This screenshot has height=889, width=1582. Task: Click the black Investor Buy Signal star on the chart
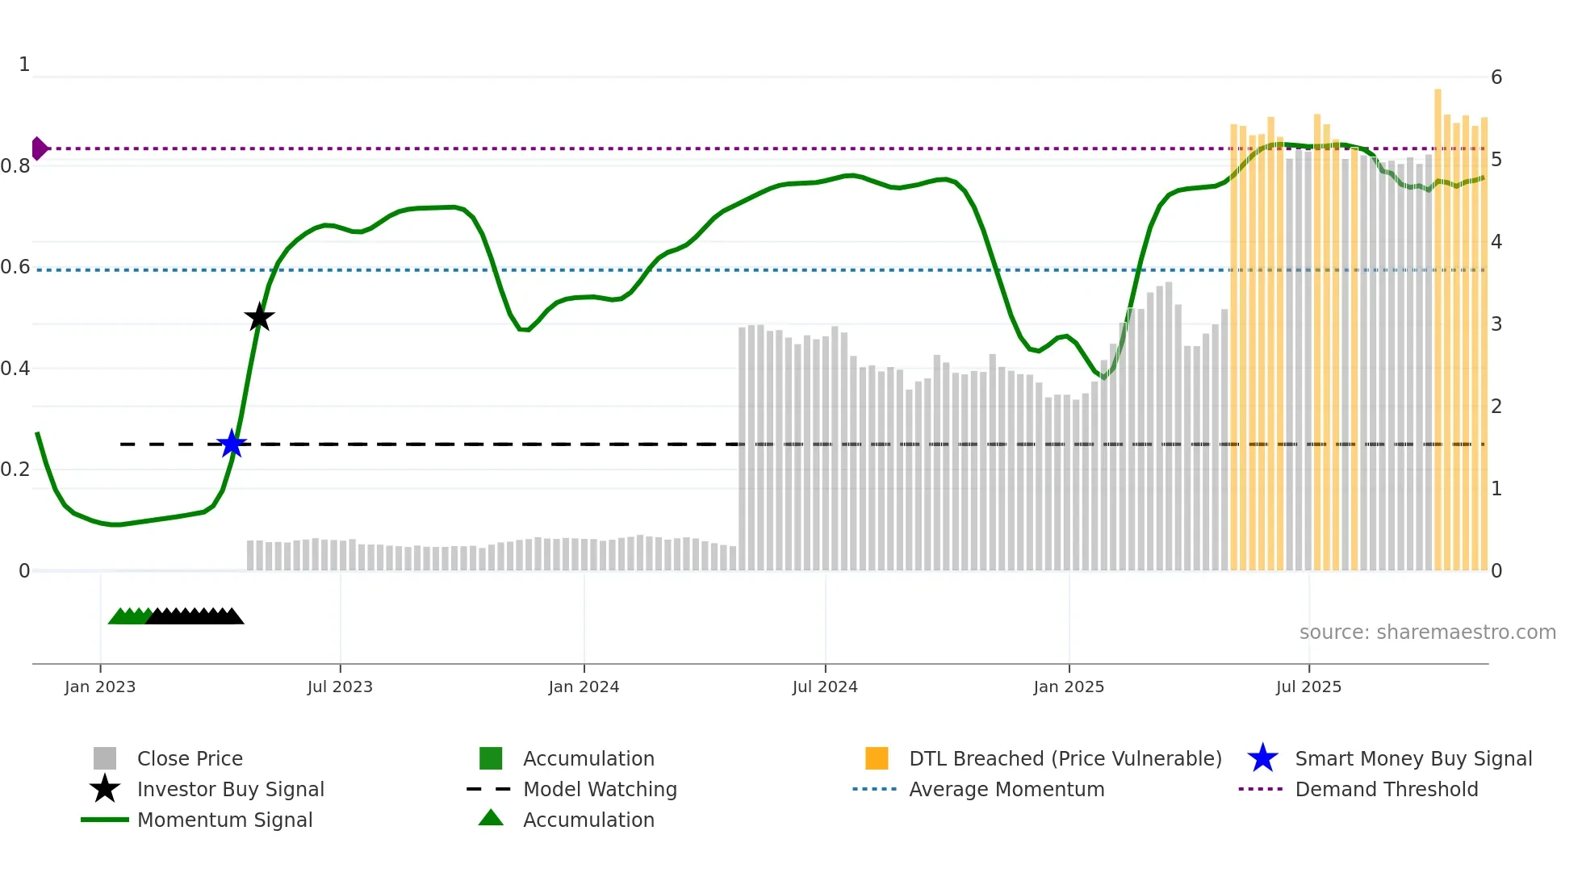pos(259,318)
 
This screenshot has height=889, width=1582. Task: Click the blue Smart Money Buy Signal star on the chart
pos(232,444)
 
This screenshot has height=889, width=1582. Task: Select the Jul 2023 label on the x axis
pos(340,687)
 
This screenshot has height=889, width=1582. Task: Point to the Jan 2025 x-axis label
pos(1069,687)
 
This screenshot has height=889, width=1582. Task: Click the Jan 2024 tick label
pos(584,687)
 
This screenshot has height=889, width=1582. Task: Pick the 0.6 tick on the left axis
pos(16,267)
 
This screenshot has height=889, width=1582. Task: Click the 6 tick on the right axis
pos(1496,77)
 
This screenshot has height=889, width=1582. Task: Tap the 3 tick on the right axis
pos(1496,324)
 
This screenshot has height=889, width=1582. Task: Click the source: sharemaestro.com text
pos(1427,632)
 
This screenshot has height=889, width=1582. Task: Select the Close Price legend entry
pos(190,758)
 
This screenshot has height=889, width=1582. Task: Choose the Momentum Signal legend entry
pos(224,820)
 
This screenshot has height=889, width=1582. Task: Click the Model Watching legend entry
pos(600,789)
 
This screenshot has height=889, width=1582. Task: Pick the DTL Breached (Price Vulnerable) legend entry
pos(1065,758)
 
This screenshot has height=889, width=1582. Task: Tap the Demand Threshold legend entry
pos(1386,789)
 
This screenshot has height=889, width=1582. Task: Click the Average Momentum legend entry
pos(1007,789)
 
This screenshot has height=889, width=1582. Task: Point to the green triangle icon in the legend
pos(491,818)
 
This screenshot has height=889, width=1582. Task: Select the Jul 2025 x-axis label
pos(1308,687)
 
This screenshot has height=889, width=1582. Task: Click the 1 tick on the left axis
pos(24,65)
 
